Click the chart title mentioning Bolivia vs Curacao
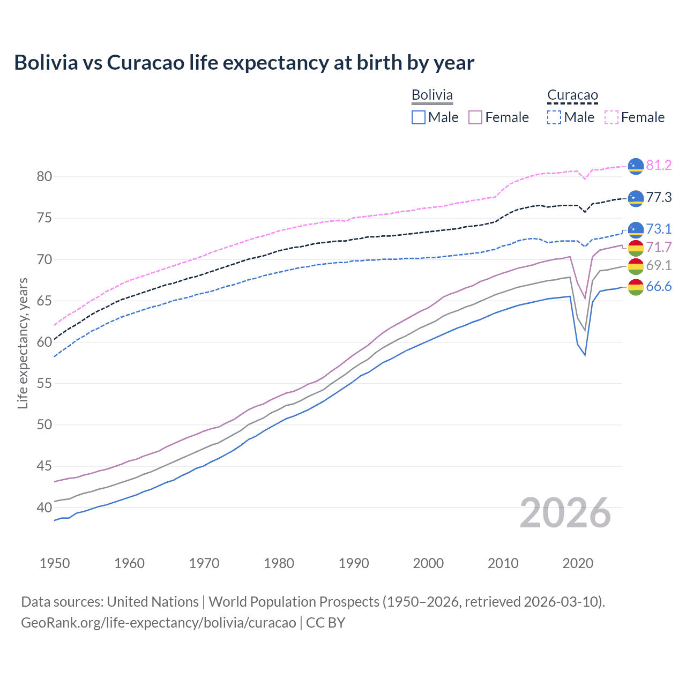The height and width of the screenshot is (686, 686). tap(244, 63)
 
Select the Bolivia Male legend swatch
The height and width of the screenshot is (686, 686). tap(419, 117)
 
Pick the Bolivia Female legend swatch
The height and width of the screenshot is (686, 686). tap(475, 117)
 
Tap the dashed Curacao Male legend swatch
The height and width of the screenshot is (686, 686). tap(554, 117)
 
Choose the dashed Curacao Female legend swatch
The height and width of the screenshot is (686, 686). tap(612, 117)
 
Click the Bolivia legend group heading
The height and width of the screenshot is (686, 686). tap(432, 95)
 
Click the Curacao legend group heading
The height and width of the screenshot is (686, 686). tap(572, 95)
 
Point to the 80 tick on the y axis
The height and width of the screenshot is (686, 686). tap(44, 177)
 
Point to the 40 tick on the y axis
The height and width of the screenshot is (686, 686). tap(44, 508)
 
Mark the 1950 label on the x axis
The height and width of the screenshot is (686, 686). tap(55, 563)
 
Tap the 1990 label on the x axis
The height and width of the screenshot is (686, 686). tap(354, 563)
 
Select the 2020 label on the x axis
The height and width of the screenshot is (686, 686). tap(578, 563)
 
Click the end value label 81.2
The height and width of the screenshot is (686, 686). tap(659, 166)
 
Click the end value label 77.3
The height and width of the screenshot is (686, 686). tap(659, 198)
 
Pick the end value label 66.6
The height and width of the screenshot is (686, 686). tap(659, 287)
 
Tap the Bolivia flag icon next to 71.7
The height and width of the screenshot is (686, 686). tap(636, 248)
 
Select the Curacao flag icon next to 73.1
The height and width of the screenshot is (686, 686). tap(636, 229)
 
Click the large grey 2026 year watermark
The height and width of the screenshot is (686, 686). tap(565, 513)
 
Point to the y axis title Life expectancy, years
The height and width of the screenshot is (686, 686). tap(23, 344)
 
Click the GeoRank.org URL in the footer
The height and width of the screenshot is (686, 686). tap(159, 623)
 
